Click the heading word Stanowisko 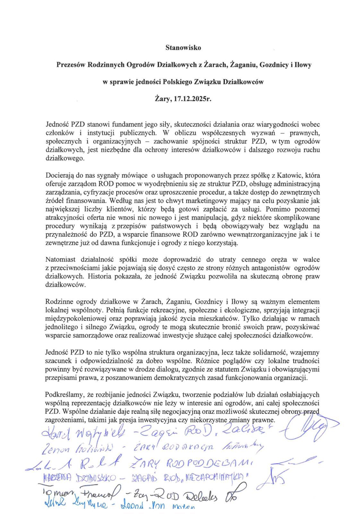point(183,48)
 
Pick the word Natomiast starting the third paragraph point(59,259)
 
